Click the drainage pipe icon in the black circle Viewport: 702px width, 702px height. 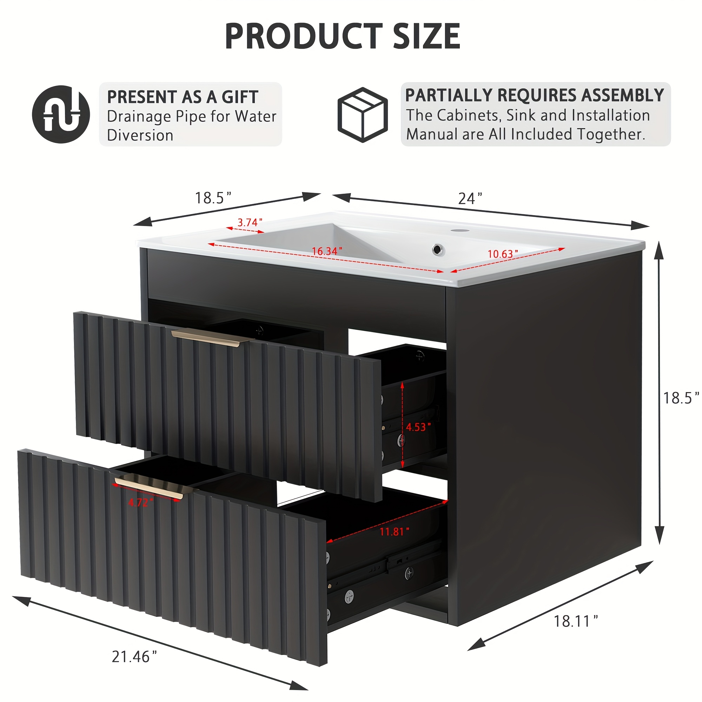point(61,114)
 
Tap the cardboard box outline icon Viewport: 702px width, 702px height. point(363,114)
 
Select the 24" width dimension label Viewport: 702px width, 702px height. point(470,198)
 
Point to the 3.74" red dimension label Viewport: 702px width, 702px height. point(250,222)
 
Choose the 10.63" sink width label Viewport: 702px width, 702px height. point(503,254)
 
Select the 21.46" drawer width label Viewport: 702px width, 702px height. point(134,657)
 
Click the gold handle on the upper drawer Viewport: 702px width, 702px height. point(212,338)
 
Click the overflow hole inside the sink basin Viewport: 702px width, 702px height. point(438,250)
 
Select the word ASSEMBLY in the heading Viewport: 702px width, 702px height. point(622,95)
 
